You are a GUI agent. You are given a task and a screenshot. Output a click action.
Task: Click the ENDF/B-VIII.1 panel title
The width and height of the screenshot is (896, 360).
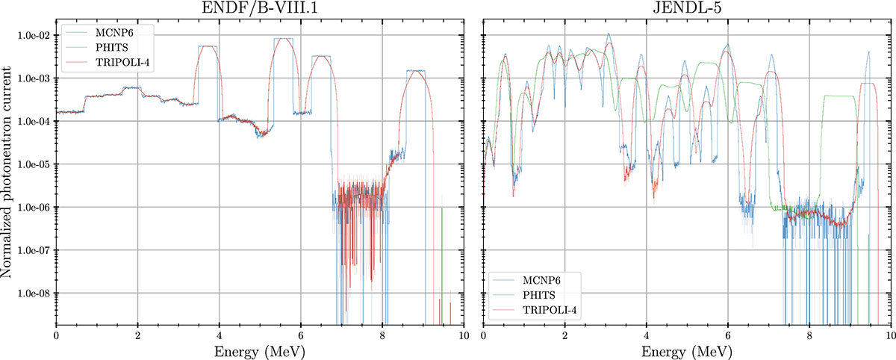coord(260,8)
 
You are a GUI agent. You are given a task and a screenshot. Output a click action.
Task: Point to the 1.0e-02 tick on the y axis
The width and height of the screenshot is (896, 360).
coord(33,36)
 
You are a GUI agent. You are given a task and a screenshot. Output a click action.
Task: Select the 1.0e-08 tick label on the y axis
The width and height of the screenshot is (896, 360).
coord(33,294)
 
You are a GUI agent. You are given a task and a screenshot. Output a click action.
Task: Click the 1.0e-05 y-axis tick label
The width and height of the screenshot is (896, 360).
coord(33,165)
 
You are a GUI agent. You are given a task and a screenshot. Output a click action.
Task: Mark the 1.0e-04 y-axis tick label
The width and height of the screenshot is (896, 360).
coord(33,122)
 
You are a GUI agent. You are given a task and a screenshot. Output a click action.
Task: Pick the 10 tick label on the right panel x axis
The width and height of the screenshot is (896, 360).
coord(892,334)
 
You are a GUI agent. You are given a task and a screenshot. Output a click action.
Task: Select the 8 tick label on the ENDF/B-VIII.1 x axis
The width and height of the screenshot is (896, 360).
coord(382,334)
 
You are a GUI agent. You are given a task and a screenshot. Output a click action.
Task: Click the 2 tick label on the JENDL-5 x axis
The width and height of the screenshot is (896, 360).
coord(565,334)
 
